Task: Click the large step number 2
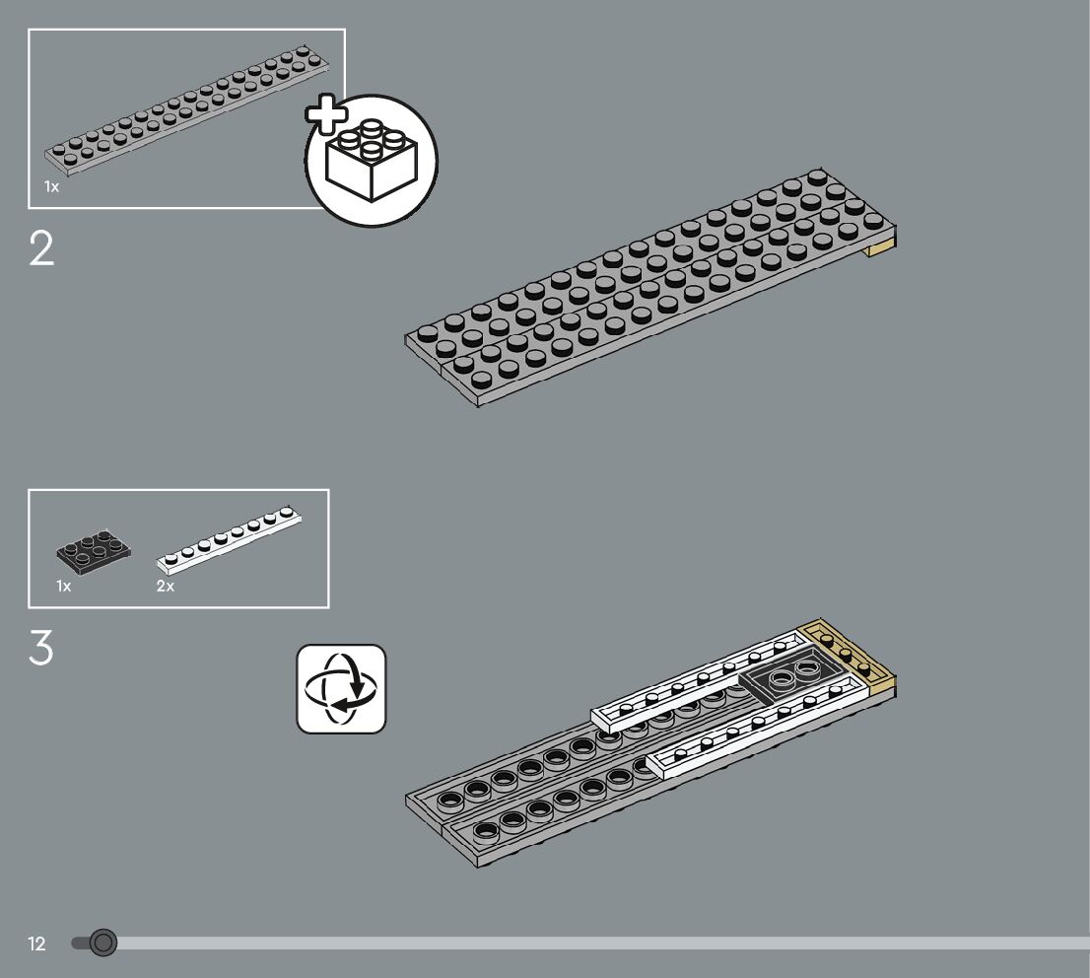(41, 250)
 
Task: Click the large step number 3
(41, 649)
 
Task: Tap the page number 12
(37, 944)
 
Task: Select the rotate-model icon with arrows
(341, 689)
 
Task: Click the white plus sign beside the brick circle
(326, 115)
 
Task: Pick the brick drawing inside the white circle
(371, 161)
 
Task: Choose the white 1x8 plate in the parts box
(229, 541)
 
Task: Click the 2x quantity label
(165, 586)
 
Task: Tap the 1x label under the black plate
(64, 586)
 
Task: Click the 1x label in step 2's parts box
(51, 186)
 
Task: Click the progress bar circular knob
(102, 943)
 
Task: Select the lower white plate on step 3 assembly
(759, 734)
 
